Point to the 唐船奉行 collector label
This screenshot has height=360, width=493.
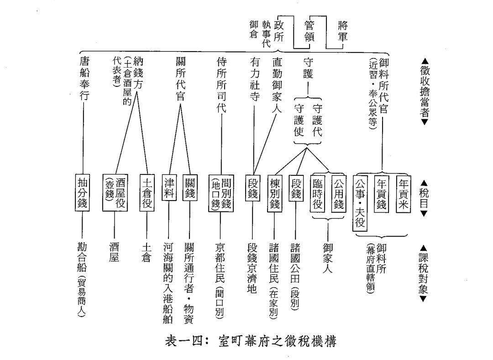click(x=84, y=78)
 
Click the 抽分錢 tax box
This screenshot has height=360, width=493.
click(x=83, y=191)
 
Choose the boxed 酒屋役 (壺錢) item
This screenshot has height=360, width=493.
click(x=114, y=191)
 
